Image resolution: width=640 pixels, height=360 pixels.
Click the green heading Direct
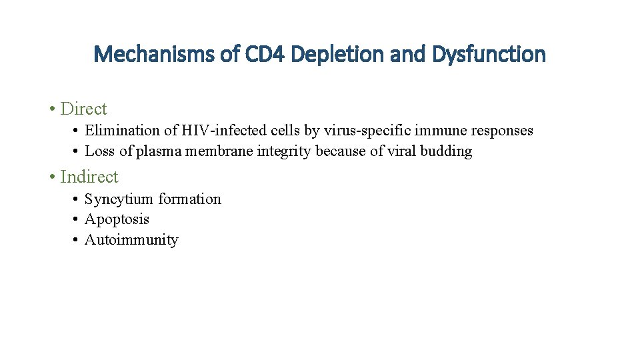coord(83,109)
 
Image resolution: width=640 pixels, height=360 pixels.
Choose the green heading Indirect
coord(89,177)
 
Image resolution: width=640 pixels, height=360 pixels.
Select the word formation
coord(189,199)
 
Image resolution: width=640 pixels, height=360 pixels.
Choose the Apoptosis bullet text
coord(117,219)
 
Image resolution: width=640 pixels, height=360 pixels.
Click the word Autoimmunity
coord(131,240)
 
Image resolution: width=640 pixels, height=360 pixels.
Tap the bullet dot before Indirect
coord(52,177)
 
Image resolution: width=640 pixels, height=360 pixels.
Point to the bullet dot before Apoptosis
coord(77,219)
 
